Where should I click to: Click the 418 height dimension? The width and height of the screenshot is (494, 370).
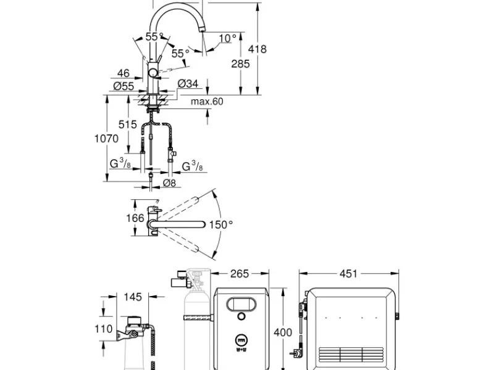257,49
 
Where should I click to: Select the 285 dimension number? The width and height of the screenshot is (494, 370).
240,64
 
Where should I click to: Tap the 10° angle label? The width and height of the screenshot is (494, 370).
227,38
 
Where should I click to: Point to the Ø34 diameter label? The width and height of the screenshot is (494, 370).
188,84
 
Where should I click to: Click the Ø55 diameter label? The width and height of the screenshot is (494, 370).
124,86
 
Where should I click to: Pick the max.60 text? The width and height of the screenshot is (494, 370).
207,101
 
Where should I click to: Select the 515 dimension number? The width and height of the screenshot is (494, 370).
128,125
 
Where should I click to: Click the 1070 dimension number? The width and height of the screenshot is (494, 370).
106,138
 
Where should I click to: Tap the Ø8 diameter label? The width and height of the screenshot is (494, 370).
169,183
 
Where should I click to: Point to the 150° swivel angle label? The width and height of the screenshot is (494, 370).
221,224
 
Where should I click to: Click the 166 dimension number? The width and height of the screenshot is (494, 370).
135,218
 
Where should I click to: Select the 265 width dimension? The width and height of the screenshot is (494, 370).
240,274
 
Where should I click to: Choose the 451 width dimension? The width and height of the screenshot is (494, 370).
348,274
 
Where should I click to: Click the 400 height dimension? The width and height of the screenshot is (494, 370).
283,332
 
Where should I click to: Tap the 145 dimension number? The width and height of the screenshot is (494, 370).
133,297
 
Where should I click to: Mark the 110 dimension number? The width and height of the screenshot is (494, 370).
104,329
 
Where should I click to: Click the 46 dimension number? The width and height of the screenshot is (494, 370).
123,73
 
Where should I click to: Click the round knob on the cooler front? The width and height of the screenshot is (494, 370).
241,316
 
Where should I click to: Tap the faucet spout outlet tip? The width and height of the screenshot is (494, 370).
202,30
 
